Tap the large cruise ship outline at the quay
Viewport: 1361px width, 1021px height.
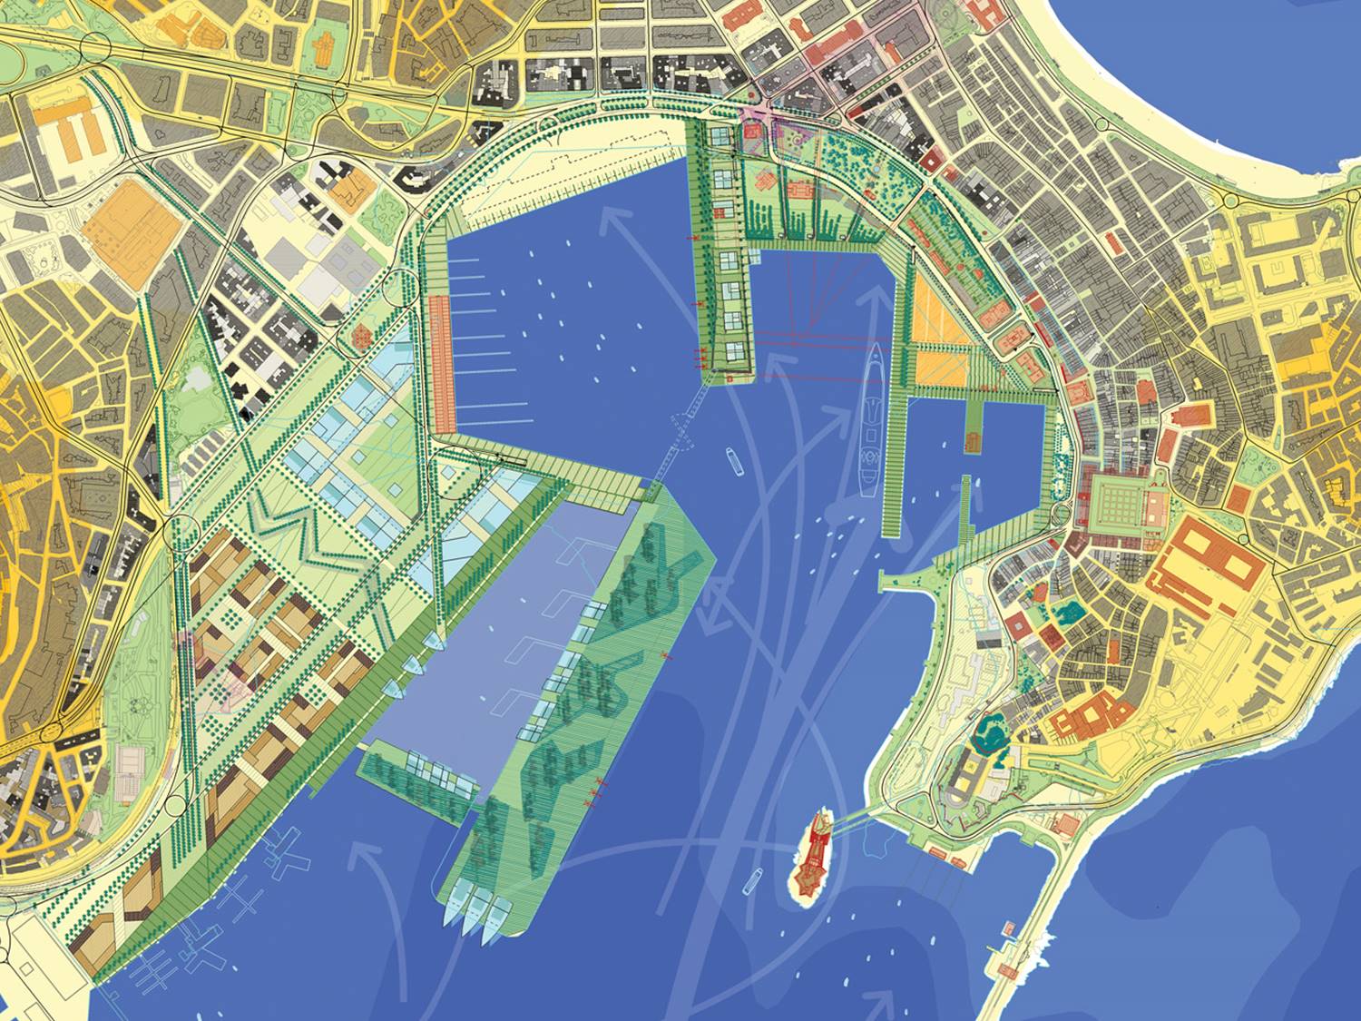[870, 417]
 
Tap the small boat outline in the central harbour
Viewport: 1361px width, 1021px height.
[734, 461]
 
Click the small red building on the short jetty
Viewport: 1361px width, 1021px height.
[1007, 930]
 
